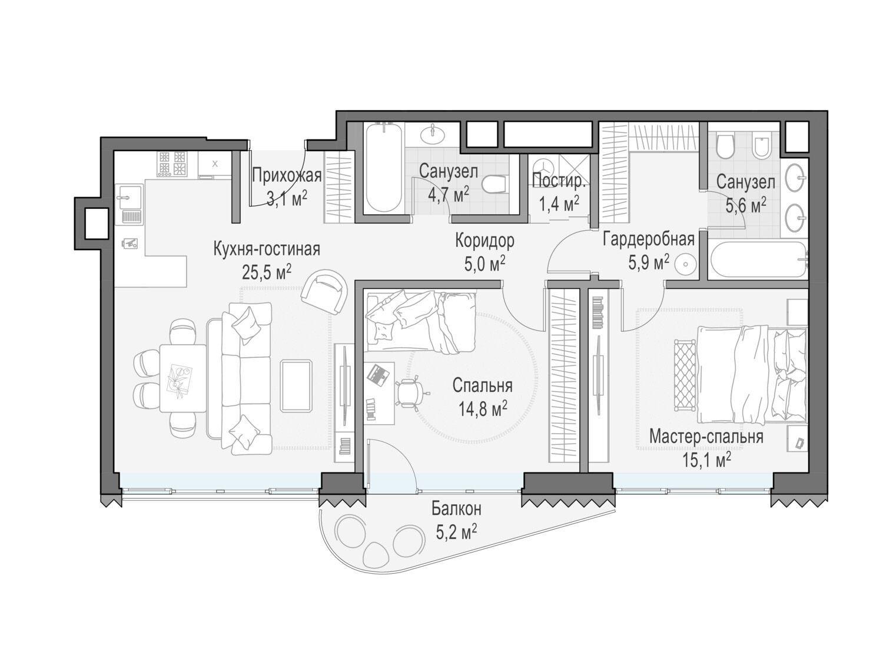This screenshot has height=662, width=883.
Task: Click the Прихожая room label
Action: point(287,175)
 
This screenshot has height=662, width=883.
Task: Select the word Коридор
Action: point(484,241)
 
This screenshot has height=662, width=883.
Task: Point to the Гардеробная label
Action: point(649,239)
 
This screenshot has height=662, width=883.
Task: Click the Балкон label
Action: point(456,508)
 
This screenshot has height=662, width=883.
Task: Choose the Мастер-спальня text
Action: point(706,437)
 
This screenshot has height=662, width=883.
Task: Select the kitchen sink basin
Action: point(129,197)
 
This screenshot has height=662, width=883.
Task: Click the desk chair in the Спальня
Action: point(410,392)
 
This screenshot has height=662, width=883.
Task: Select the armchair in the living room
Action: point(324,290)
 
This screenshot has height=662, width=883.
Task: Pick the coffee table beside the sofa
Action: point(297,386)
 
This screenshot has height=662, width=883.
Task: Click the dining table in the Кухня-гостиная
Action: point(182,378)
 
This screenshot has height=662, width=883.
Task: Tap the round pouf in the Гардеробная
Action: point(685,264)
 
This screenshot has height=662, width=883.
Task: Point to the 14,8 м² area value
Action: point(482,410)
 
